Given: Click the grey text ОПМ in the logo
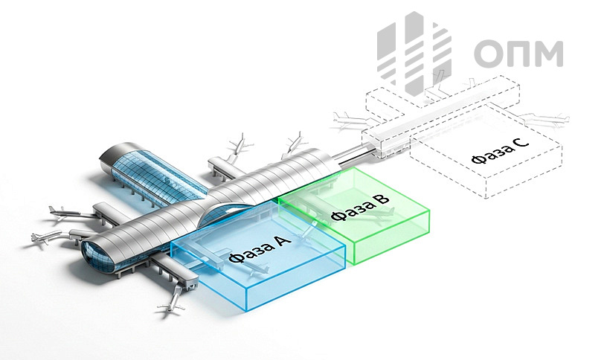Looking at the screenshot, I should [x=518, y=54].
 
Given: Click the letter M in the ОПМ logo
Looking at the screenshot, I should [x=549, y=54].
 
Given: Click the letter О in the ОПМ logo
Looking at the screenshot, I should [x=489, y=54].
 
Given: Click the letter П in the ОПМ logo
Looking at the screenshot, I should [x=518, y=54].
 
